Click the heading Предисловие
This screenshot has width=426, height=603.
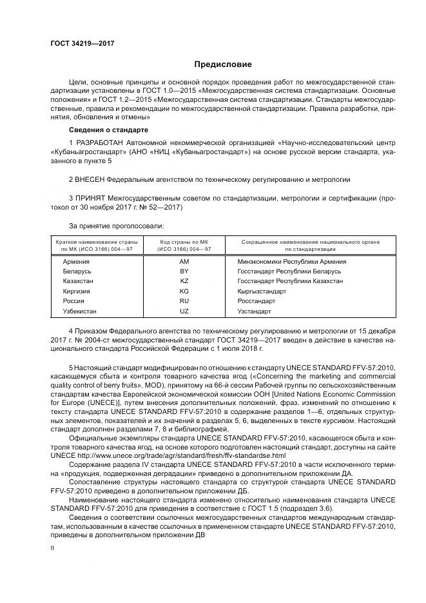223,64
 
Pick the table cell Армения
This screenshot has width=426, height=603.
76,262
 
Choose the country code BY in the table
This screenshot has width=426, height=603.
184,272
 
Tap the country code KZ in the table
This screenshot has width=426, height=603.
184,281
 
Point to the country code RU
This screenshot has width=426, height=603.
184,301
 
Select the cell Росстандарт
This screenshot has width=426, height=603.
256,301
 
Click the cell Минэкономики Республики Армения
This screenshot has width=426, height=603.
291,262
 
